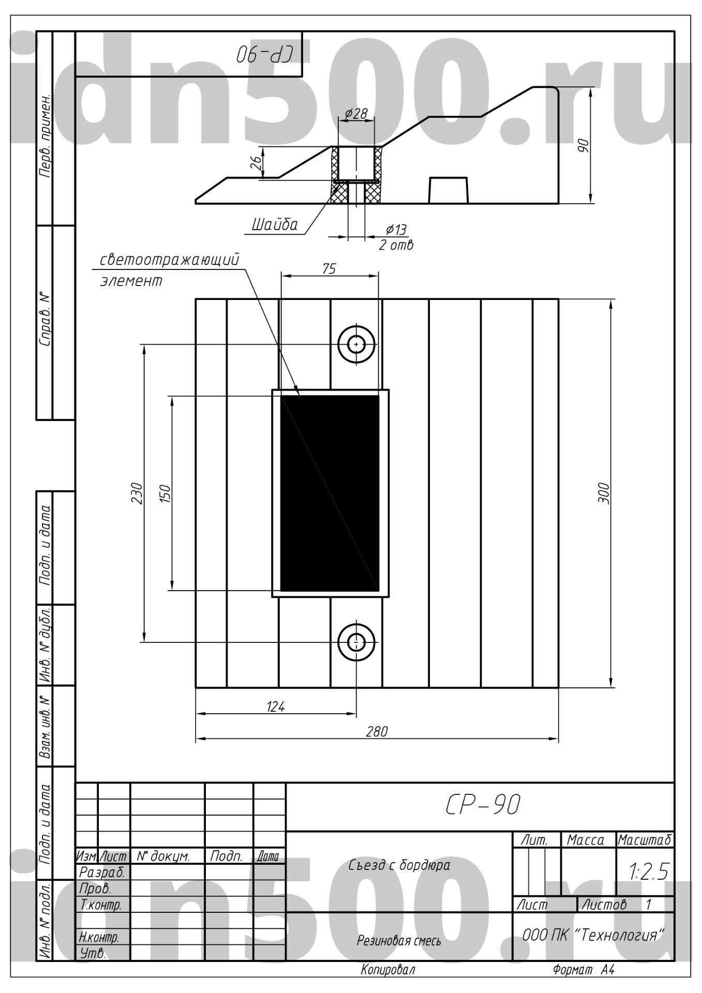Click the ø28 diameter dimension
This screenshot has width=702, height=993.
tap(356, 113)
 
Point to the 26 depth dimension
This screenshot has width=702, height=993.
tap(256, 163)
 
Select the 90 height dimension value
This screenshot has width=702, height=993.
tap(583, 146)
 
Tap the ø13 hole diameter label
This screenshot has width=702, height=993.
tap(396, 230)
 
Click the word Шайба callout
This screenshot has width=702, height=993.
tap(275, 224)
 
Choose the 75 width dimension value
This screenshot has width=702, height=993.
tap(329, 269)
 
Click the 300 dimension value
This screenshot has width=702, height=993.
tap(603, 493)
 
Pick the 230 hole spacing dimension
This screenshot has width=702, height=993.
tap(136, 493)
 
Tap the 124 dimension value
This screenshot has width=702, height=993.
tap(275, 706)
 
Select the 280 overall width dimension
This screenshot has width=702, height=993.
tap(377, 731)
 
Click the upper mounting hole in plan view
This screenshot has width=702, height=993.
tap(356, 344)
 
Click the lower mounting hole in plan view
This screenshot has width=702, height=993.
tap(356, 642)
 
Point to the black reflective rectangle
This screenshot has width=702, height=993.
tap(330, 493)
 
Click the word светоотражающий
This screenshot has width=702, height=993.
tap(170, 260)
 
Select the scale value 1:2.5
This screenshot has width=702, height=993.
tap(649, 872)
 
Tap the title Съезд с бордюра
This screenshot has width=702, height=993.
tap(399, 865)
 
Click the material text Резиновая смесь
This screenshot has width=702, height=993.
tap(399, 940)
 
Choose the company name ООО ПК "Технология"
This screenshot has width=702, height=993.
tap(593, 935)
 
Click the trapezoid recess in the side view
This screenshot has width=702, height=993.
tap(449, 190)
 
